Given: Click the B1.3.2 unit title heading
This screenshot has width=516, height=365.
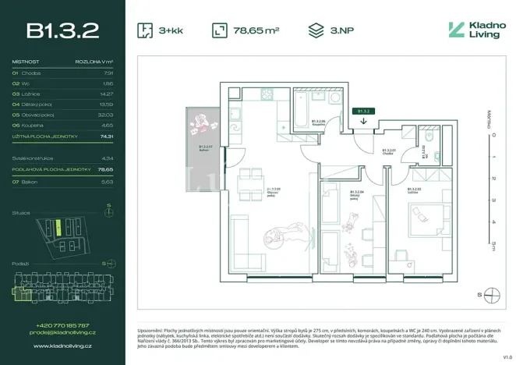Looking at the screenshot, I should [62, 30].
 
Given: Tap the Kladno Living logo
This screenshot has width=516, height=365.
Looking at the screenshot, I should [475, 30].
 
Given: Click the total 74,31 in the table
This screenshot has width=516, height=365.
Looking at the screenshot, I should [107, 136].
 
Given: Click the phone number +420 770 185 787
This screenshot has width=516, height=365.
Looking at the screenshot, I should [62, 324].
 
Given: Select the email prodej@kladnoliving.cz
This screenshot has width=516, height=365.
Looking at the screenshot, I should [62, 332].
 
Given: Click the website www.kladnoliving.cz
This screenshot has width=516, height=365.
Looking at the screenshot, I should [62, 346].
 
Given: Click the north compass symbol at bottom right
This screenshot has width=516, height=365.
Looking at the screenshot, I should [491, 294].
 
